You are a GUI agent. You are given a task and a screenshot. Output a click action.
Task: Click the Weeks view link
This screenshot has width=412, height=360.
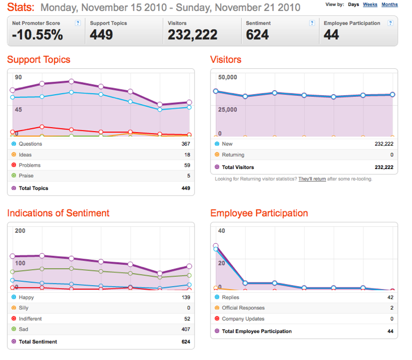tap(370, 4)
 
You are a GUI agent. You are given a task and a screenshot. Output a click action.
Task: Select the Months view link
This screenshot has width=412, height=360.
tap(389, 4)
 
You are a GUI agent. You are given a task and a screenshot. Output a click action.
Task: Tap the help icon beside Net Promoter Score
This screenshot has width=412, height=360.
tap(78, 23)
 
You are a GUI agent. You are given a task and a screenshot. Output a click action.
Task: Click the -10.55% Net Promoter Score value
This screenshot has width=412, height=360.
tap(37, 35)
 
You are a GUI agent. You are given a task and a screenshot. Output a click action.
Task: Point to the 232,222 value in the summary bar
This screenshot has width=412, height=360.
tap(193, 35)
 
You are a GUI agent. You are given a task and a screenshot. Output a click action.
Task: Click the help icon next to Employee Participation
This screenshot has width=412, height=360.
tap(391, 23)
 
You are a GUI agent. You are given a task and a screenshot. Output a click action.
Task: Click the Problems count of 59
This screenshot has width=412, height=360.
tap(187, 165)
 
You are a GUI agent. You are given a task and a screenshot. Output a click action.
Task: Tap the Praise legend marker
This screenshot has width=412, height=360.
tap(14, 176)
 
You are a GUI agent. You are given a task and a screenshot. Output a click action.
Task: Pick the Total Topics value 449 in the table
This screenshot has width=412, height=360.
tap(186, 188)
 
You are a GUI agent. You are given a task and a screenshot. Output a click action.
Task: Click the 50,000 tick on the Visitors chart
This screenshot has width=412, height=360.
tap(227, 77)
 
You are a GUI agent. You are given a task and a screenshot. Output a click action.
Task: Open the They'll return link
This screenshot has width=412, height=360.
tap(312, 179)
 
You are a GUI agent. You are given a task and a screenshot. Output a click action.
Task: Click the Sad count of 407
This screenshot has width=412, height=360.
tap(186, 329)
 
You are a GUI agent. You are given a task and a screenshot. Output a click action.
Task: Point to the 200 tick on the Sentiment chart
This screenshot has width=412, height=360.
tap(20, 231)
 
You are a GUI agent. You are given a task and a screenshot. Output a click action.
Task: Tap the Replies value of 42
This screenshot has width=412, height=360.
tap(391, 297)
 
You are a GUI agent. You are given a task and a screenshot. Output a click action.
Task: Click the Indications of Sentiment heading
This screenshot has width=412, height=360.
tap(58, 213)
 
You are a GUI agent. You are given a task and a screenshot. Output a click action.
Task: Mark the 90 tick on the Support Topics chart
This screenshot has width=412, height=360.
tap(18, 77)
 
